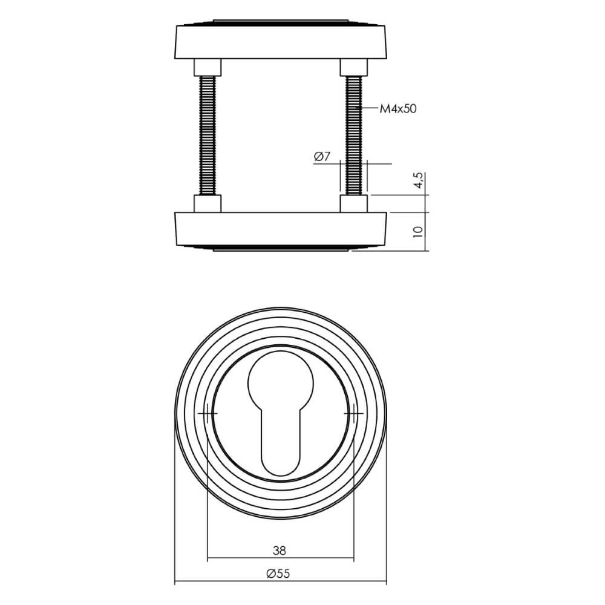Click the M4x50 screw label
[398, 109]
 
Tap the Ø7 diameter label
[321, 157]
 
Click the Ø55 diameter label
[279, 574]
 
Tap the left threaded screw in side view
[208, 133]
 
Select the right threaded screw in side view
[354, 133]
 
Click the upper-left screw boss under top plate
[208, 66]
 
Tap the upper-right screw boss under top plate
[354, 66]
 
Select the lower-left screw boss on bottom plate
[208, 203]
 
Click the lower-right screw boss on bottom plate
[354, 203]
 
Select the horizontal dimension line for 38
[242, 558]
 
